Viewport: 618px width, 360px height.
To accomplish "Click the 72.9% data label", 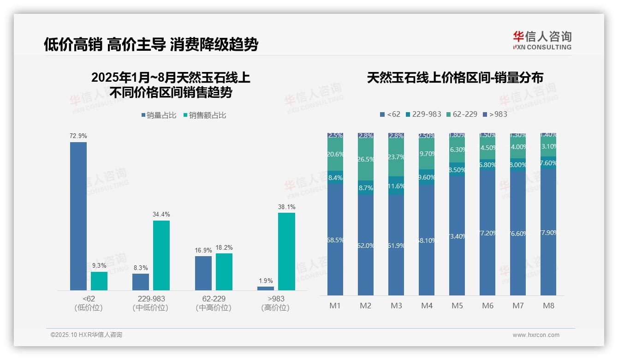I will (x=78, y=136).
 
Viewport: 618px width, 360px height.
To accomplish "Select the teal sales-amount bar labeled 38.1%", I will (x=286, y=252).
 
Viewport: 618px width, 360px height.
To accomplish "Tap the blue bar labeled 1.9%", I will (x=266, y=288).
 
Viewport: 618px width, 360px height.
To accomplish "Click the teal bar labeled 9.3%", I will (x=99, y=281).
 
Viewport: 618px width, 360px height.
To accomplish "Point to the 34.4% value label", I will (x=161, y=215).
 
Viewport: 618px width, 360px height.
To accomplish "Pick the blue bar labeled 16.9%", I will (x=203, y=273).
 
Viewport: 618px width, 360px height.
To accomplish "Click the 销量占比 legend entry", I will (x=159, y=115).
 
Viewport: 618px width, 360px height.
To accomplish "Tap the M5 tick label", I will (x=457, y=306).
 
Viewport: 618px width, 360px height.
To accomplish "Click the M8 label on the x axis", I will (x=548, y=306).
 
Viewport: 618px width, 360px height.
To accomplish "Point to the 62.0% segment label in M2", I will (x=366, y=246).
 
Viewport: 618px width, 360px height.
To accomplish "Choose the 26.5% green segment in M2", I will (x=366, y=160).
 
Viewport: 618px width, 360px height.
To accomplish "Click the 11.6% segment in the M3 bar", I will (x=396, y=186).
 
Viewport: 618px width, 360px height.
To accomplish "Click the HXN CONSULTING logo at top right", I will (x=542, y=41).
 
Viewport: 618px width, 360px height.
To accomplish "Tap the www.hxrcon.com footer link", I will (x=536, y=335).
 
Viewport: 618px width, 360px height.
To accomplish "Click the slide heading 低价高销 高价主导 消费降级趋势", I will (x=151, y=44).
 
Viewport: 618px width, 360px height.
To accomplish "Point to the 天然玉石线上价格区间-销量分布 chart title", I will (x=455, y=78).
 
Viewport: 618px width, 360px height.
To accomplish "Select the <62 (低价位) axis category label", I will (x=89, y=303).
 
